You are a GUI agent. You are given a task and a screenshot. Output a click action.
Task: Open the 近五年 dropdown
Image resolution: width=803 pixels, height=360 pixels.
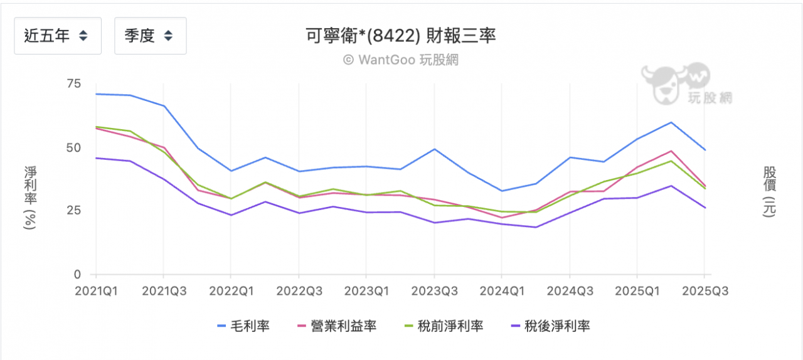(57, 36)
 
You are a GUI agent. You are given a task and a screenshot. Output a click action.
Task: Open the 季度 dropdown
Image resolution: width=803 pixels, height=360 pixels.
(150, 36)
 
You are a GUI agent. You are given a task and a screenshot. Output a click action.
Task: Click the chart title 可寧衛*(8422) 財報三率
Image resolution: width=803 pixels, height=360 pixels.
(401, 36)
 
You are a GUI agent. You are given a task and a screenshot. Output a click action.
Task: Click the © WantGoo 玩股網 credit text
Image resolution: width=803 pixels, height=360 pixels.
(401, 60)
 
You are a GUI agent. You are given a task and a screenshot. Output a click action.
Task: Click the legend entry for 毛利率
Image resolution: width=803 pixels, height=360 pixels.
(243, 326)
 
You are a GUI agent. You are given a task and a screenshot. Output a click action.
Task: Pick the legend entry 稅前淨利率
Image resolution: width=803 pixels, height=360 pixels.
(444, 326)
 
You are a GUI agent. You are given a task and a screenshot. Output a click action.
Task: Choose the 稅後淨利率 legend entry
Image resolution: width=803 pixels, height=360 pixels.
(551, 326)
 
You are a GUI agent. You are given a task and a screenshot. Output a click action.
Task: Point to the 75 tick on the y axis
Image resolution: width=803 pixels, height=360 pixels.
(73, 83)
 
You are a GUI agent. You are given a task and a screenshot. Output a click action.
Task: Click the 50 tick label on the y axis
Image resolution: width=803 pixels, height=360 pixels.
(73, 147)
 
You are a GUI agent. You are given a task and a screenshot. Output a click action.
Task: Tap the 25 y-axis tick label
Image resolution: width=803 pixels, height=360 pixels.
(73, 211)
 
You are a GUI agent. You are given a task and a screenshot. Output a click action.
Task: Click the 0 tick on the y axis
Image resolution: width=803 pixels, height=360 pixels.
(77, 274)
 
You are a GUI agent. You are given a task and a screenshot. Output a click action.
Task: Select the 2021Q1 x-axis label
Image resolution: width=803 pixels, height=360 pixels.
(95, 292)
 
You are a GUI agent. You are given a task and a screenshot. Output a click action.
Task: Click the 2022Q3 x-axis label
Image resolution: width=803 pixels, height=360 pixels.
(299, 292)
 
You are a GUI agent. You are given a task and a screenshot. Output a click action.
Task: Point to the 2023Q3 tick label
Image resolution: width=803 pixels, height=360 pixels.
(434, 292)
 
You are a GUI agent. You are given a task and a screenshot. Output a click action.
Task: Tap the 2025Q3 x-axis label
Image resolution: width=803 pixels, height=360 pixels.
(704, 292)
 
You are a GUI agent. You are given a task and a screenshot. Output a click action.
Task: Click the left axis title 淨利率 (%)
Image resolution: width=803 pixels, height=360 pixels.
(29, 198)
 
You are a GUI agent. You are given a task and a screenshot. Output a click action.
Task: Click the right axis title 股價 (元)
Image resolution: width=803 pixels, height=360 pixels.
(769, 191)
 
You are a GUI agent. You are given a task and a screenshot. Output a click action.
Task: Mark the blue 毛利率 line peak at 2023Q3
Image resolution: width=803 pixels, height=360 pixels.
(434, 149)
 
